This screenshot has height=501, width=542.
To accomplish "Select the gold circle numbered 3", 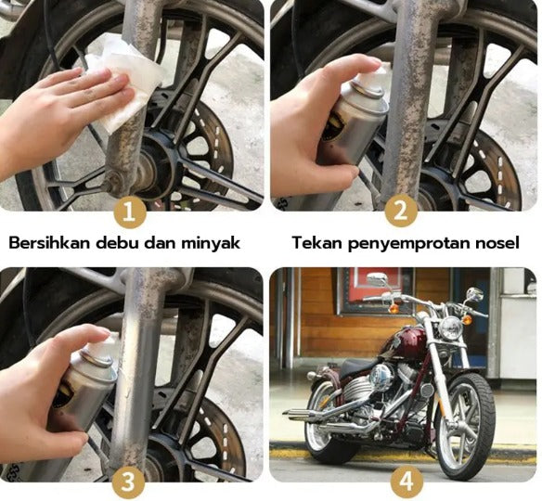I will [130, 482].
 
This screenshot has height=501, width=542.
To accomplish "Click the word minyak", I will [210, 243].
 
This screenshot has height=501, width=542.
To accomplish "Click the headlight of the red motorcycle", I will [451, 328].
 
